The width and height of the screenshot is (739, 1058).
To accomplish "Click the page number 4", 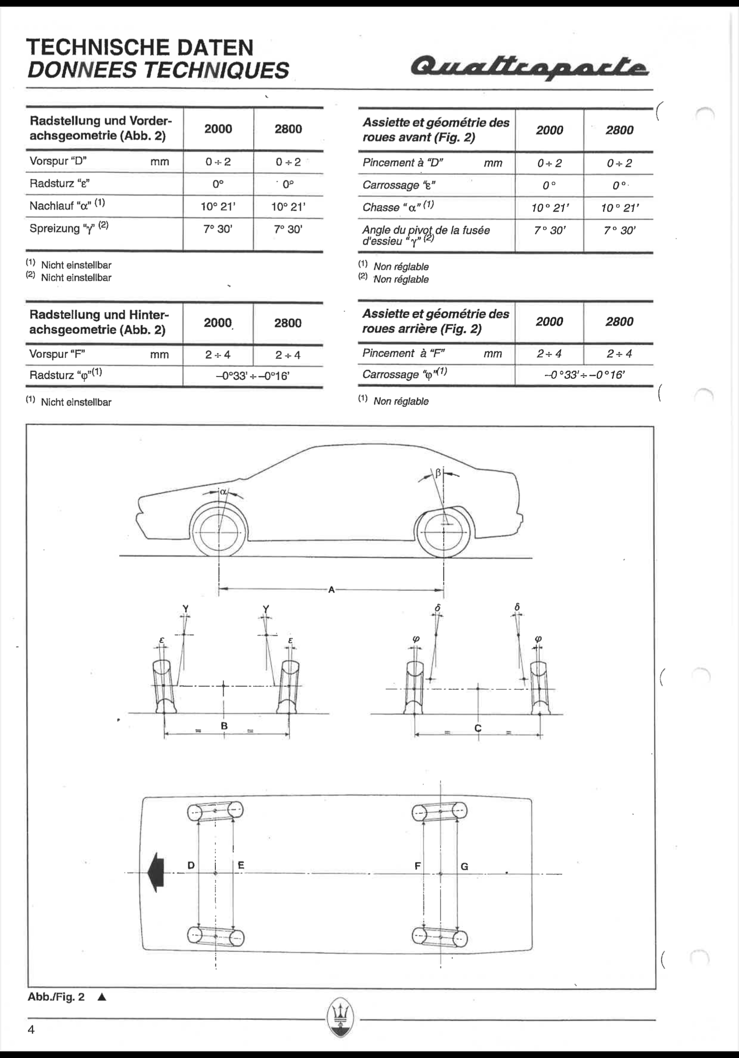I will pos(31,1030).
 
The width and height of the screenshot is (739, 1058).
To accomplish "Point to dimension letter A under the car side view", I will pos(331,589).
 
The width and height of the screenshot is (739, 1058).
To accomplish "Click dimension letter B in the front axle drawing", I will pos(224,726).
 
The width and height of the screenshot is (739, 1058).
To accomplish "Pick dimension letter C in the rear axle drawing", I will pos(478,728).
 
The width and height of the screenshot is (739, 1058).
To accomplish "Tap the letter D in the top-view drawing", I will pos(191,865).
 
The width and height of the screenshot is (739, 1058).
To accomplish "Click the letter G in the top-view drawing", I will pos(464,866).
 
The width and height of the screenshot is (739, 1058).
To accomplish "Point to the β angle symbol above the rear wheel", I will pos(438,473).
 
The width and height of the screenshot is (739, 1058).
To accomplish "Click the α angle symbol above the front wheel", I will pos(223,492).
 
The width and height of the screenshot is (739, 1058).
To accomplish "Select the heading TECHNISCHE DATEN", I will pos(140,47).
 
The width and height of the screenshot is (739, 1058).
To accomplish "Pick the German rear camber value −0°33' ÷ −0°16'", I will pos(253,376).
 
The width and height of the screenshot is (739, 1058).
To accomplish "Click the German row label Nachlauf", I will pos(51,206).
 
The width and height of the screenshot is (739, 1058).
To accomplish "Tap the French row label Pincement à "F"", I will pos(404,354).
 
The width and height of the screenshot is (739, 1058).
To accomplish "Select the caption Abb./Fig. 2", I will pos(56,997).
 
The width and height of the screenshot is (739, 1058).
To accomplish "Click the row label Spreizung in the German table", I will pos(54,229).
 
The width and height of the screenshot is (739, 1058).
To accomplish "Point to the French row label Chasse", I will pos(381,207).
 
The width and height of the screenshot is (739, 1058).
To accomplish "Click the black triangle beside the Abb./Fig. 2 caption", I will pos(102,997).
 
